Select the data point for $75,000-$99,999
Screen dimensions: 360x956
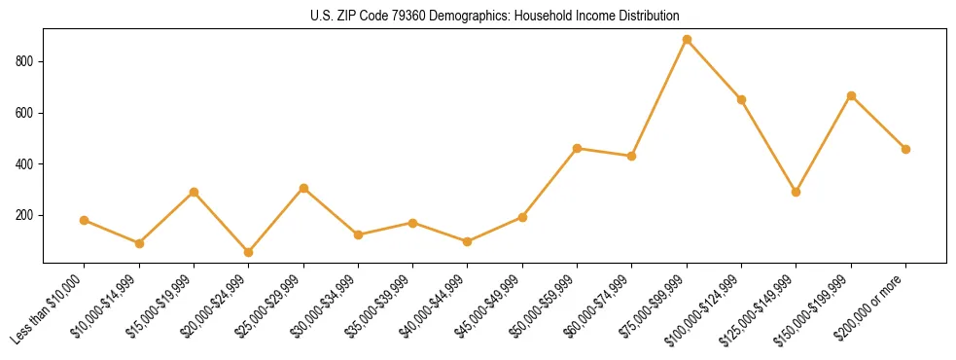(687, 40)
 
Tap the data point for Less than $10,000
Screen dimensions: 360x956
(85, 220)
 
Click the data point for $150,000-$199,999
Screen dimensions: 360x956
(851, 95)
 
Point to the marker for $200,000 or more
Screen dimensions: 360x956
(905, 149)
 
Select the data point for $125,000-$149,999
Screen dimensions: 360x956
(797, 192)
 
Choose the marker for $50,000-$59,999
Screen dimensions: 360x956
(578, 148)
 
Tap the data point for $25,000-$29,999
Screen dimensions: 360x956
(303, 188)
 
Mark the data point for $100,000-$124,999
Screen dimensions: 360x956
(741, 99)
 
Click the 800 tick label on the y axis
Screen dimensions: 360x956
(26, 61)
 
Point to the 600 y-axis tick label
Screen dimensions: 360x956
(26, 113)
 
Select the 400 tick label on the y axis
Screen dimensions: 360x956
(26, 163)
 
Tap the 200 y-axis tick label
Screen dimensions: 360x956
(26, 215)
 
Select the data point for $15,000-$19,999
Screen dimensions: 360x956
(194, 192)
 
